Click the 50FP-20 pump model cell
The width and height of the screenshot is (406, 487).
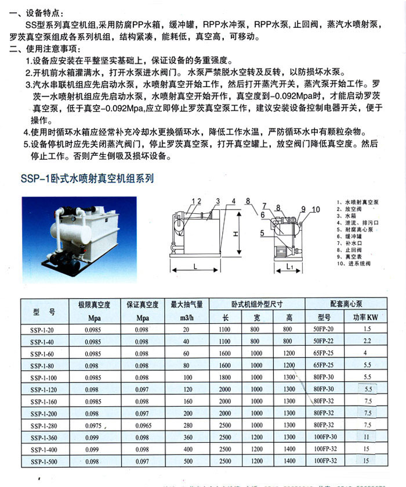[x=324, y=329]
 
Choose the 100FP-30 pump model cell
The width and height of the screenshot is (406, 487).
[x=324, y=437]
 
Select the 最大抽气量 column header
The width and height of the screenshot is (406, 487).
[x=187, y=304]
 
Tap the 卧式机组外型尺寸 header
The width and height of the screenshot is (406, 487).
[x=257, y=304]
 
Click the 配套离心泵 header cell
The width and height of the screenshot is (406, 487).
[x=346, y=304]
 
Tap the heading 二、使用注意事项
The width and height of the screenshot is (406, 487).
[x=50, y=49]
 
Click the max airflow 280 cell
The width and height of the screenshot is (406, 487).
[x=186, y=425]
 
